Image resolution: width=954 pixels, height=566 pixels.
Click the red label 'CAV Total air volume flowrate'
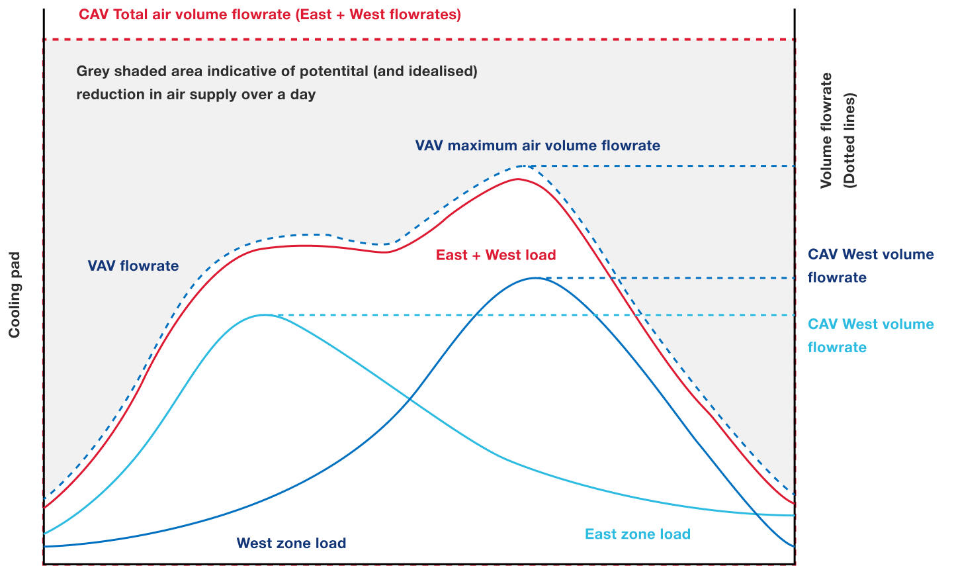point(185,15)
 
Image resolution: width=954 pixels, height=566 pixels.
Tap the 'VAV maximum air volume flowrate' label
point(537,146)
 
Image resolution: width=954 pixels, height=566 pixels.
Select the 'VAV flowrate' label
point(133,265)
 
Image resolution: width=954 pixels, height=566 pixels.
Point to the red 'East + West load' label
point(496,255)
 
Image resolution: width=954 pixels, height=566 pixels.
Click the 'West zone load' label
point(291,543)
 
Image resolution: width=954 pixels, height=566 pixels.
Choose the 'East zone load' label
point(638,534)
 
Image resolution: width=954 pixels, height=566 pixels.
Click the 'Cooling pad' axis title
point(15,295)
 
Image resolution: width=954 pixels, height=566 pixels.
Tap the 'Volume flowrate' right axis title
point(826,130)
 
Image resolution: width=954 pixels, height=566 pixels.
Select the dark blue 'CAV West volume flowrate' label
point(871,266)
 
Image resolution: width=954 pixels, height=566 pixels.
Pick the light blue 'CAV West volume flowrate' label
point(871,336)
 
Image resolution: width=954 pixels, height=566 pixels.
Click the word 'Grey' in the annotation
point(93,71)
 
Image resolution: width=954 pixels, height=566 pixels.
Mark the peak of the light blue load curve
point(265,315)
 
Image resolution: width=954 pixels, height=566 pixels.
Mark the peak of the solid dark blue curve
point(536,278)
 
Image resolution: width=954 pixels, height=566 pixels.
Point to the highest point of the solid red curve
point(517,179)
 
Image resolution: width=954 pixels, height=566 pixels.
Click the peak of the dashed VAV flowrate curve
point(524,165)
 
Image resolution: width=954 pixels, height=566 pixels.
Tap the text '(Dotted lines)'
point(849,140)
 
